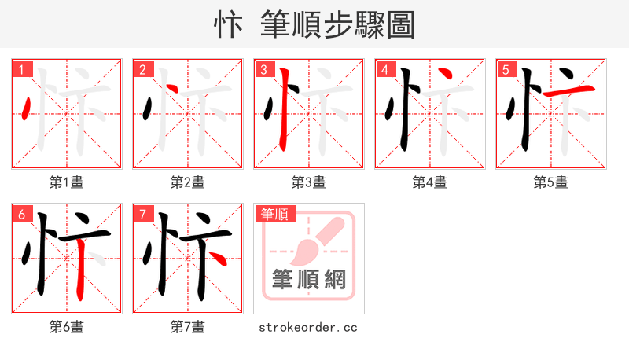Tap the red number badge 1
[x=23, y=70]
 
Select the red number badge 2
[x=143, y=70]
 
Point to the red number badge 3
[x=264, y=70]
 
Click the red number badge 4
[x=385, y=70]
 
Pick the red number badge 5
[x=506, y=70]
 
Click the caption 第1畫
[x=67, y=182]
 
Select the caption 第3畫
[x=308, y=182]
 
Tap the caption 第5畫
[x=550, y=182]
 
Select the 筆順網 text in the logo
[x=308, y=280]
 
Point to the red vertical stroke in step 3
[x=285, y=110]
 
